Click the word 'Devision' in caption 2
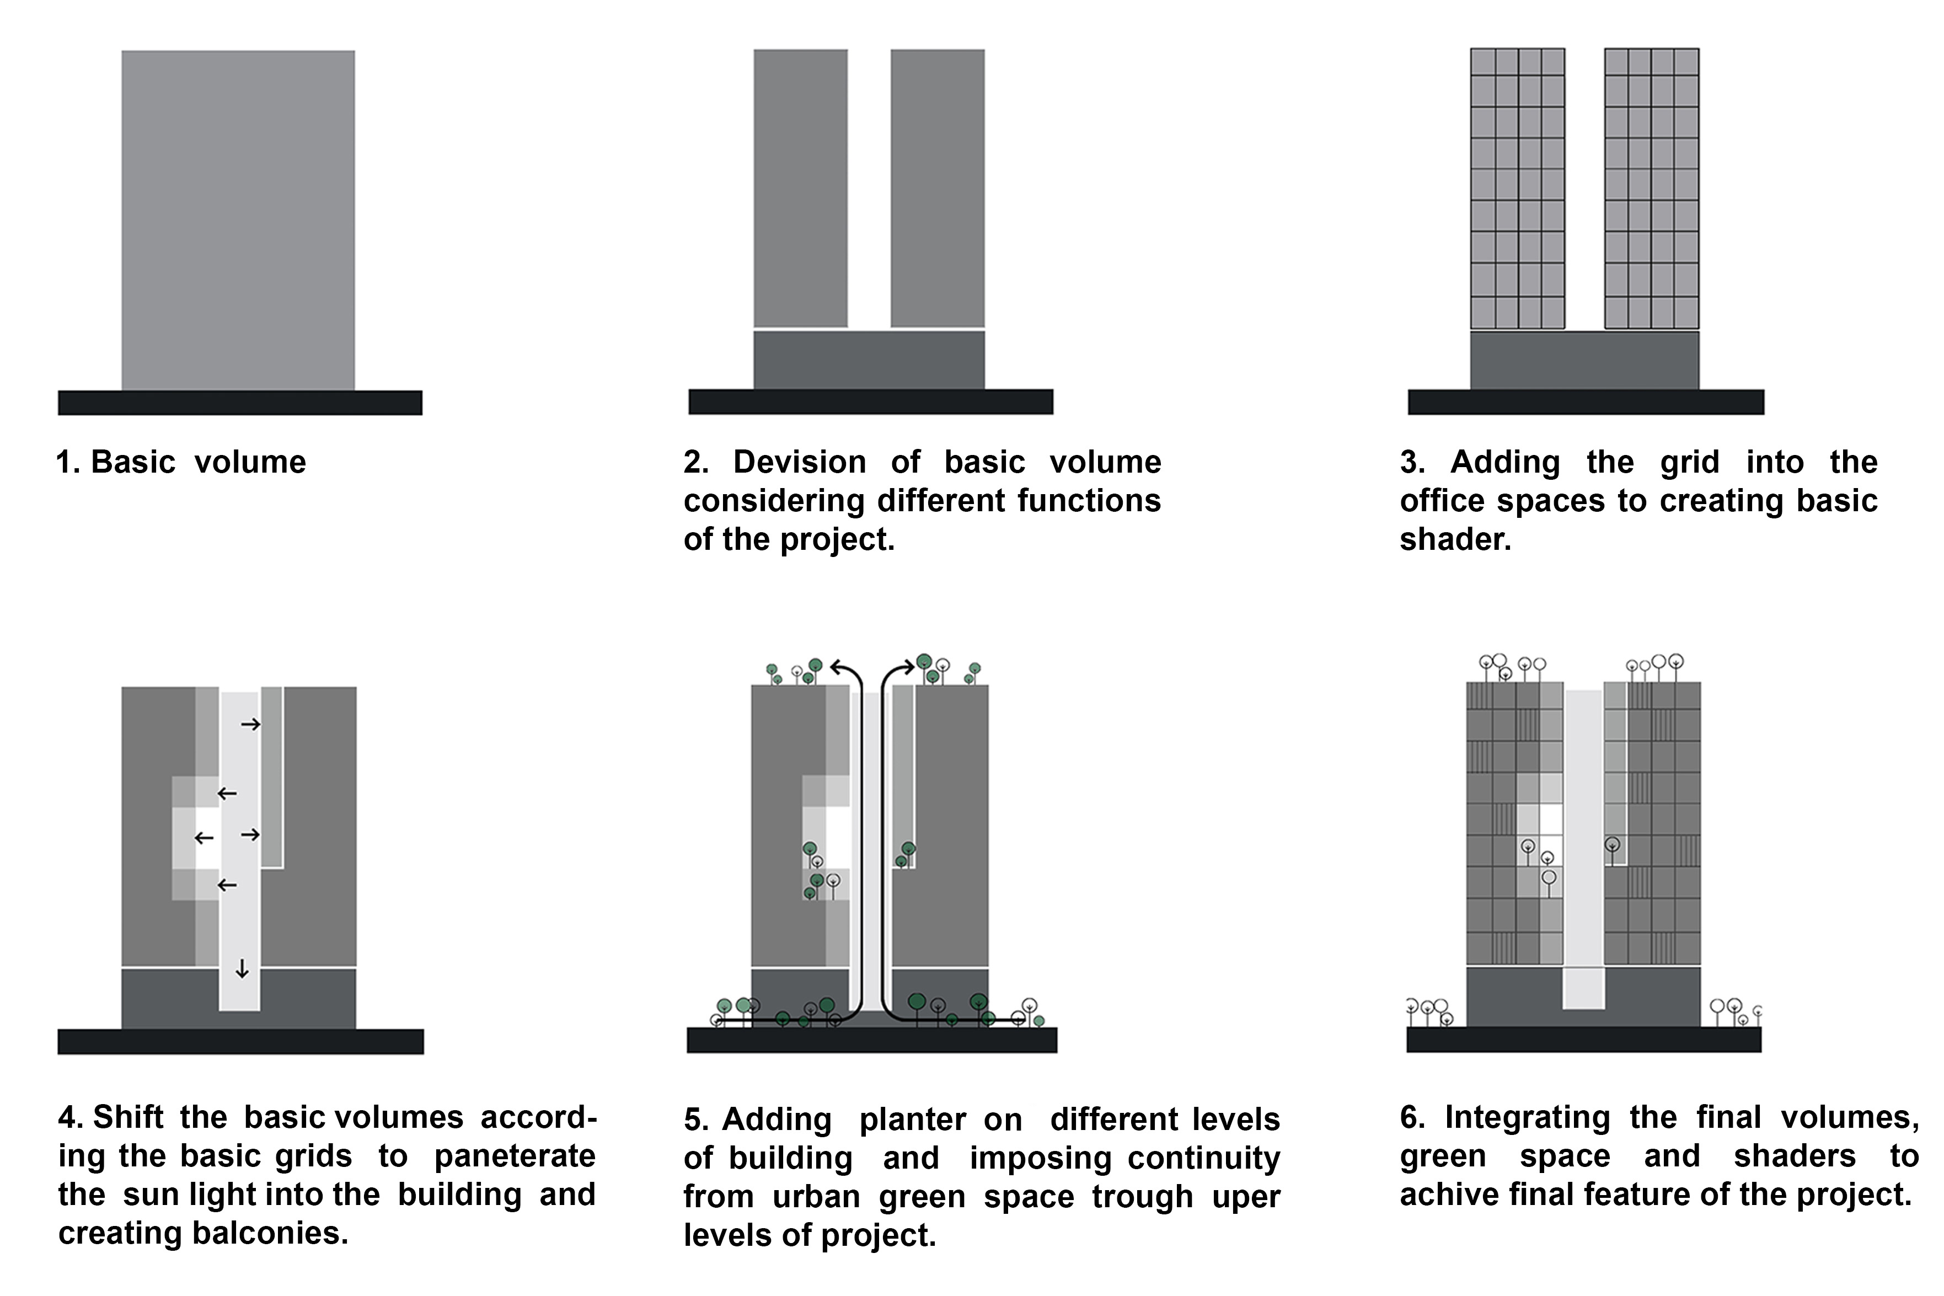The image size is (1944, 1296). (799, 462)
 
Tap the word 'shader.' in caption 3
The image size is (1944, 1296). (1455, 540)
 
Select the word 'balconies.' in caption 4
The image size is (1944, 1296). (270, 1233)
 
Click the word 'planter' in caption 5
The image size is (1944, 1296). (913, 1121)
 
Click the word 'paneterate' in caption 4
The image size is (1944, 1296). (515, 1157)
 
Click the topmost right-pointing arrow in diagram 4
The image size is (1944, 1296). (250, 725)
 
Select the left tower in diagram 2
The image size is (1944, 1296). (800, 189)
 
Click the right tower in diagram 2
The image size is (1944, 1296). (938, 189)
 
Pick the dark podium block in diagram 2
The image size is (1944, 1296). (869, 360)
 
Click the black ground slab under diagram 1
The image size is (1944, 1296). (240, 403)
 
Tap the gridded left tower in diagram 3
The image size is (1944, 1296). (1518, 189)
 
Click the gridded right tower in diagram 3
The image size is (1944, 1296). (1651, 189)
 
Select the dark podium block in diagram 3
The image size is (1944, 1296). (1584, 360)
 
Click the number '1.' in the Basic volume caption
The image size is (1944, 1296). (68, 463)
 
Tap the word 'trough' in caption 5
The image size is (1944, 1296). (1142, 1197)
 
